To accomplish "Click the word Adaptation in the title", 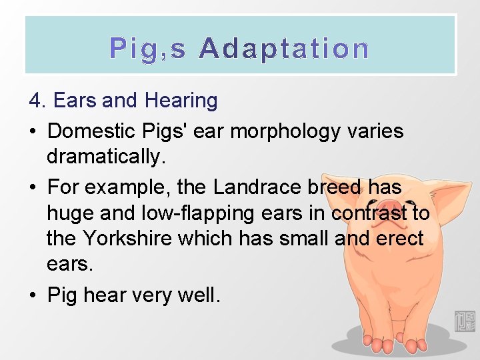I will pyautogui.click(x=284, y=49).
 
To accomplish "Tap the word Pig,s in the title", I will pyautogui.click(x=148, y=49).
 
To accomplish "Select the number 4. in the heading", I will pyautogui.click(x=38, y=101).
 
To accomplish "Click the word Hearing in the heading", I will pyautogui.click(x=181, y=101).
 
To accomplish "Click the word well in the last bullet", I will pyautogui.click(x=197, y=294).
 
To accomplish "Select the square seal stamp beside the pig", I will pyautogui.click(x=464, y=321).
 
